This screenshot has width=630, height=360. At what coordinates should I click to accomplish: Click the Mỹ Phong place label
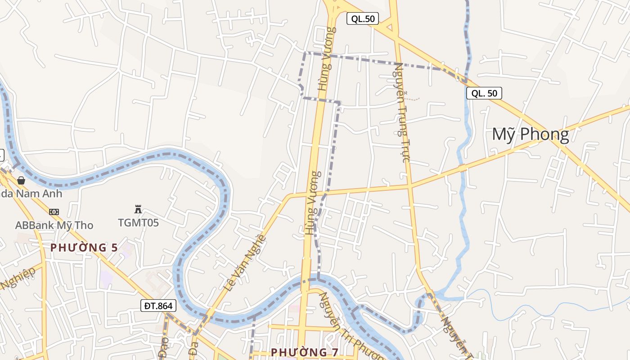coord(530,135)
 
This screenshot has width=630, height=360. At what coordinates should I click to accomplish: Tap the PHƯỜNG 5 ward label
coord(84,247)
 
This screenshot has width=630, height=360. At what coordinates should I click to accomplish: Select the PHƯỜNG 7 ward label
coord(305,352)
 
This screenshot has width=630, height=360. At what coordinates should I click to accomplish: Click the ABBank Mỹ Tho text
coord(54,225)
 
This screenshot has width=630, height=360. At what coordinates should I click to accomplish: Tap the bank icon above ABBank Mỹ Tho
coord(54,211)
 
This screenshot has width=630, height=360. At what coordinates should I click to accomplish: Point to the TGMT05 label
coord(138,222)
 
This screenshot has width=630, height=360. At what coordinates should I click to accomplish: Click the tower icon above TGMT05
coord(138,209)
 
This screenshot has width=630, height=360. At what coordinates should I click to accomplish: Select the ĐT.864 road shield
coord(158,306)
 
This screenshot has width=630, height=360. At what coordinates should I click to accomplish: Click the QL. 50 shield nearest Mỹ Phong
coord(484,93)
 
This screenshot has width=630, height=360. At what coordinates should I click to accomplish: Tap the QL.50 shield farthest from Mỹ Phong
coord(363,18)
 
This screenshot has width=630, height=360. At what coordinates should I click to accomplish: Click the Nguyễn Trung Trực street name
coord(401,112)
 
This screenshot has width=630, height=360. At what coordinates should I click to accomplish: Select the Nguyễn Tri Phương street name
coord(351,327)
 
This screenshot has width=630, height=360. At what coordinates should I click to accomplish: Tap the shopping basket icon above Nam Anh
coord(21,180)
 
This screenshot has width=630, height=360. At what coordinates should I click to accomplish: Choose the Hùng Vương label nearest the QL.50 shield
coord(327,58)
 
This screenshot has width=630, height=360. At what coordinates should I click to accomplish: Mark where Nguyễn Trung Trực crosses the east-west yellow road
coord(409,185)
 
